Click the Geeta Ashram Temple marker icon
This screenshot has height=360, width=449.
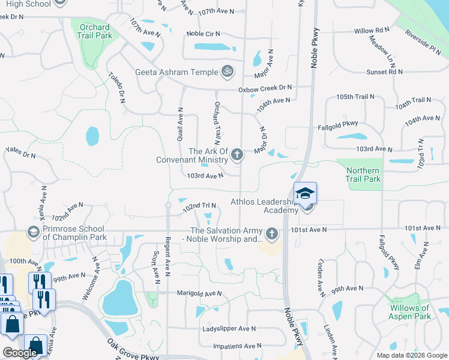(x=228, y=71)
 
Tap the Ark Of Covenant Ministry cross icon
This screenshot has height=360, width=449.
(x=237, y=155)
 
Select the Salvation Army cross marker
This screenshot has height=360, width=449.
(x=272, y=233)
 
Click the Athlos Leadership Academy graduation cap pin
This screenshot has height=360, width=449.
(x=305, y=193)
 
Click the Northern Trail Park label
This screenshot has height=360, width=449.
(x=363, y=175)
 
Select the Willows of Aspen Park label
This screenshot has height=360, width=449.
(x=410, y=312)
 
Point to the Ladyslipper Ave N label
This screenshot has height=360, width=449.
(x=228, y=329)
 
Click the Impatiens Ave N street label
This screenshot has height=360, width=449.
(x=234, y=346)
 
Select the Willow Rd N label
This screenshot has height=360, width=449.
(x=372, y=31)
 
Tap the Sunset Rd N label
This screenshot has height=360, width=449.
(x=384, y=71)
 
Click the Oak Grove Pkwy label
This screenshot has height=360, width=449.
(x=133, y=352)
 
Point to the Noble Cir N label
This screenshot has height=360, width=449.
(x=203, y=34)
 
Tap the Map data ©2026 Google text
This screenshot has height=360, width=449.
(x=411, y=355)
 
